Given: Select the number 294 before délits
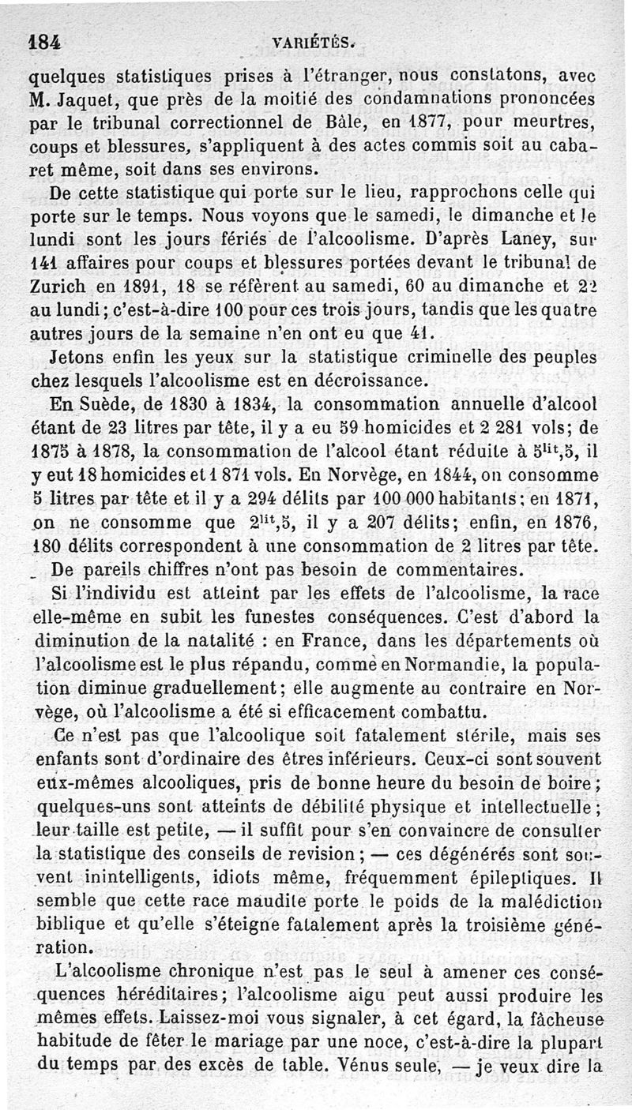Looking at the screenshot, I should pyautogui.click(x=241, y=501).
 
